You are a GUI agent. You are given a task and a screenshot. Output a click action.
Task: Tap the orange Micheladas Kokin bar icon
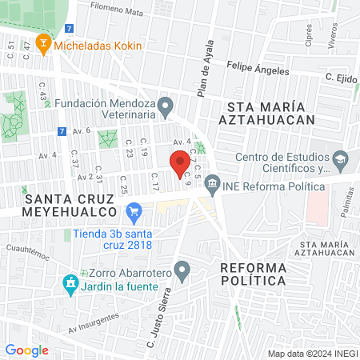pos(44,42)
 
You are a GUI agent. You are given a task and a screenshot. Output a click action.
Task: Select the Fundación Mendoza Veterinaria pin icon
pos(166,105)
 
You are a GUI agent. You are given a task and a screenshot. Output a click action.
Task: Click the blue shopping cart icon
pos(134,213)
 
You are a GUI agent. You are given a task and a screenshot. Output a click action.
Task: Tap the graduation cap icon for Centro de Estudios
pos(340,159)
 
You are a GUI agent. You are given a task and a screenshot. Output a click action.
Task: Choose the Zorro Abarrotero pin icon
pos(183,271)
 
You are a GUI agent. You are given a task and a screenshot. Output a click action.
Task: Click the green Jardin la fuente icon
pos(70,284)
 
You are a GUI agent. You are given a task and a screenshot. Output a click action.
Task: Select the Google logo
pos(26,350)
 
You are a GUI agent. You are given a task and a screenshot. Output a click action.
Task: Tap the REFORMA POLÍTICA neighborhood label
pos(253,274)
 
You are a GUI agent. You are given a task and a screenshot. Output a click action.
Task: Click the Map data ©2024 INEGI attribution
pos(310,353)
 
